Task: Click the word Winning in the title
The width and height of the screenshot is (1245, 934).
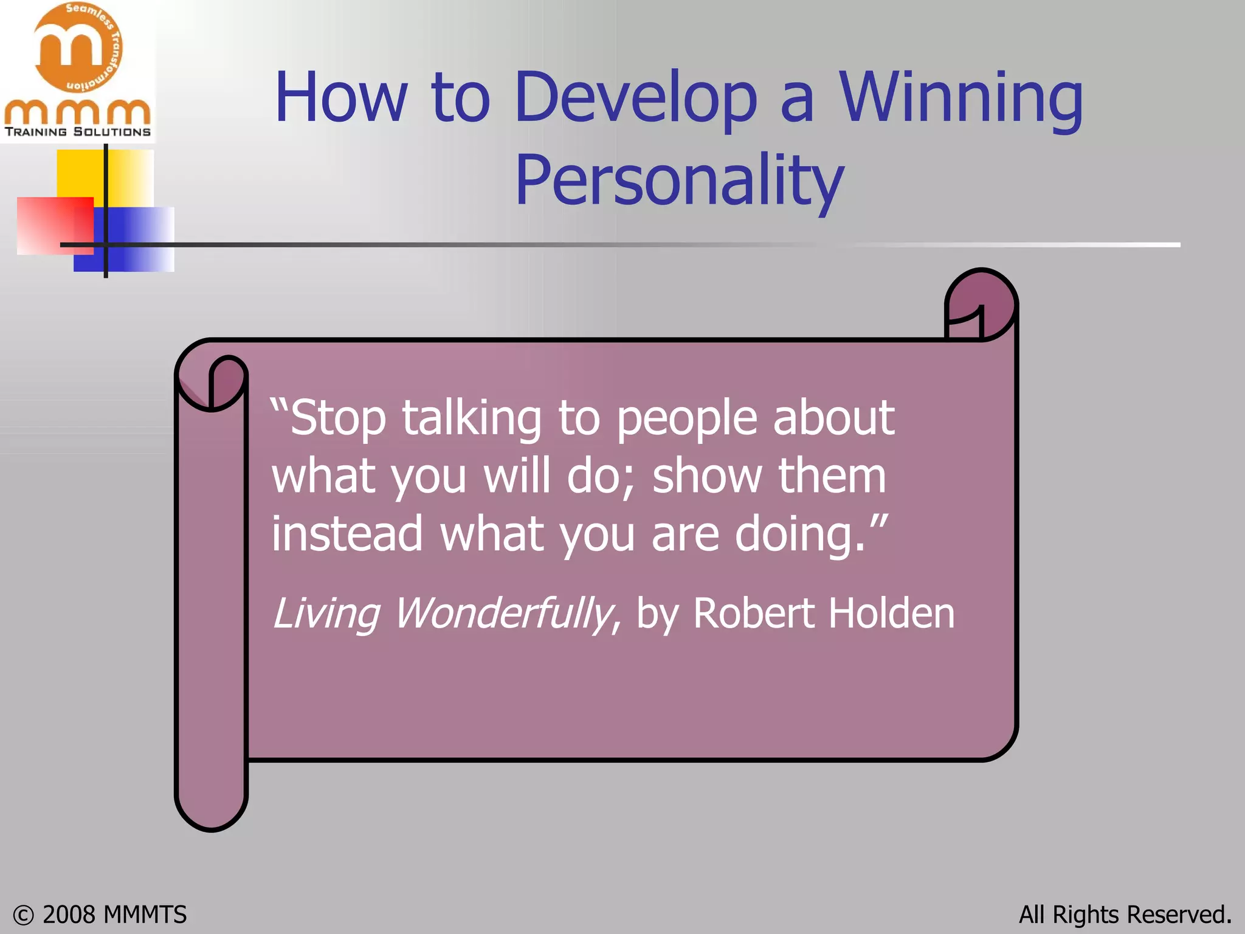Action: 960,99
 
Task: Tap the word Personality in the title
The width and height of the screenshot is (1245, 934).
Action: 679,181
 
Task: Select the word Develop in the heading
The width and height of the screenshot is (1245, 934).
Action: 635,99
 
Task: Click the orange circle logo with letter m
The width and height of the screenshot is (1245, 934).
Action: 77,47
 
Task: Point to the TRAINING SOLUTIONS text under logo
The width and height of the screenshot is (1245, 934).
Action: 77,132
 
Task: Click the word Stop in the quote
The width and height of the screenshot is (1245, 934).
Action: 337,420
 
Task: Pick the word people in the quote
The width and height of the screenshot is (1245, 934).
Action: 687,420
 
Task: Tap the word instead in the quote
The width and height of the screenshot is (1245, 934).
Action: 347,534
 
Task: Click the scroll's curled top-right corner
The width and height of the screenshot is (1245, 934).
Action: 981,304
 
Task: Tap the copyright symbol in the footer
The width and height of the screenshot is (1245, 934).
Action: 23,915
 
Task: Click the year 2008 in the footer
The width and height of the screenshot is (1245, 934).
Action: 69,915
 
